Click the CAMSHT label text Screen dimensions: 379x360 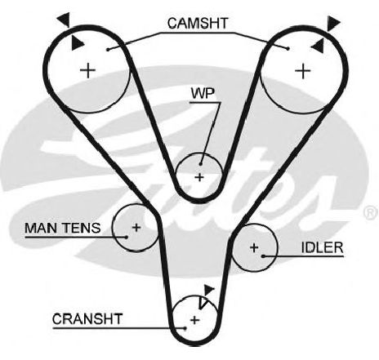[x=198, y=24]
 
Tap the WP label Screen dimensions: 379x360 [x=203, y=94]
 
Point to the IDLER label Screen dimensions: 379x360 [x=323, y=247]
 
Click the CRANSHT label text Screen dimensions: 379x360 [x=87, y=319]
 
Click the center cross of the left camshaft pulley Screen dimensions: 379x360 [x=88, y=70]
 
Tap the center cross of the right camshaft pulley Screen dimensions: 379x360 [x=303, y=71]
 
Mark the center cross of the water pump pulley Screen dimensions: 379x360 [x=200, y=177]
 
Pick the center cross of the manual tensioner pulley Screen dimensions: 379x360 [x=136, y=228]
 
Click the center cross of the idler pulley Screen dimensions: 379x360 [x=254, y=247]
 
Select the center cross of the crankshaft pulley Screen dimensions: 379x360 [x=194, y=320]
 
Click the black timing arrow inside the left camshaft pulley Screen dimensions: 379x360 [x=77, y=43]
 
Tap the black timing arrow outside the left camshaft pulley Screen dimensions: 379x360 [x=64, y=20]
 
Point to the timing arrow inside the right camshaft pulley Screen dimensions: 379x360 [x=318, y=46]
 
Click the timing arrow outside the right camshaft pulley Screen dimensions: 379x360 [x=333, y=24]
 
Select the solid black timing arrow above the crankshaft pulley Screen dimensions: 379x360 [x=209, y=290]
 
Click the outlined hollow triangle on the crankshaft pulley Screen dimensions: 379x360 [x=203, y=303]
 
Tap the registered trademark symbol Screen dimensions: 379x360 [x=371, y=213]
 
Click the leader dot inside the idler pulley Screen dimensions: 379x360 [x=263, y=256]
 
